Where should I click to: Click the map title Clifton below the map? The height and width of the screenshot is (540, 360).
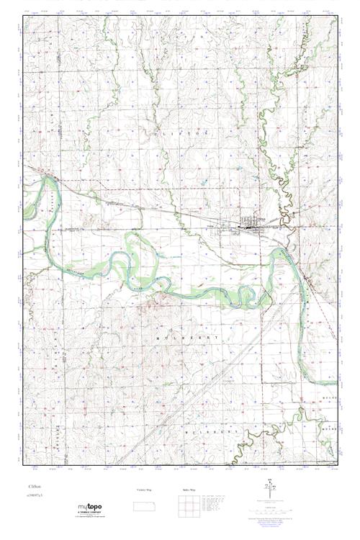[35, 487]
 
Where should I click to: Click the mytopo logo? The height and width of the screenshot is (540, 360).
[89, 506]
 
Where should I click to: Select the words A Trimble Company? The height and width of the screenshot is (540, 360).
[90, 512]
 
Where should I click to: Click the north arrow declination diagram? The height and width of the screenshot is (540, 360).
[271, 487]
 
